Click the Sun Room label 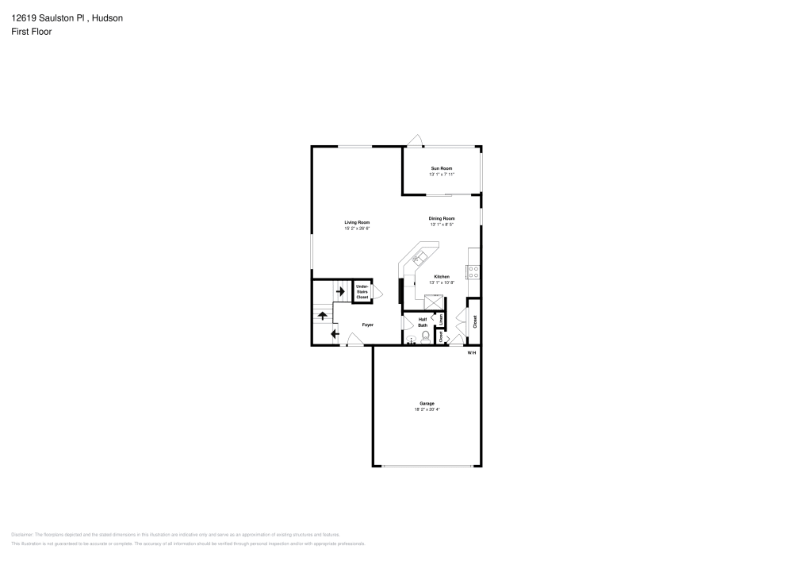click(x=441, y=168)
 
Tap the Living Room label click(x=357, y=222)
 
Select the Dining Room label click(x=442, y=218)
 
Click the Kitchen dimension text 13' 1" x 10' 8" click(x=441, y=282)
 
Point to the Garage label click(x=427, y=404)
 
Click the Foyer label click(x=368, y=325)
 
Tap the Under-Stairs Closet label click(x=362, y=291)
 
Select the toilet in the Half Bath click(x=426, y=338)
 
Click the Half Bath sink click(x=410, y=340)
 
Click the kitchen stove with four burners click(x=473, y=270)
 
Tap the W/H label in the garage click(x=471, y=352)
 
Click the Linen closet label click(x=441, y=320)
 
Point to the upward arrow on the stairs click(x=323, y=315)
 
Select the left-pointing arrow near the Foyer click(x=335, y=334)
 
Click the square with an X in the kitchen click(x=434, y=301)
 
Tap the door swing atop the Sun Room click(x=414, y=141)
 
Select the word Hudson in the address click(x=107, y=17)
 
